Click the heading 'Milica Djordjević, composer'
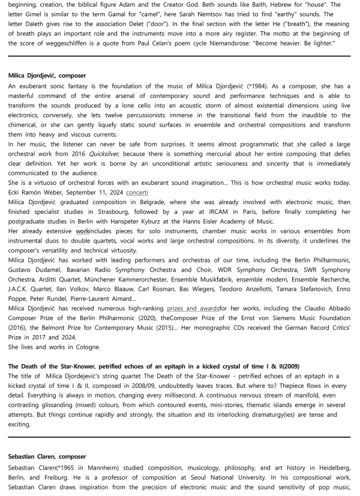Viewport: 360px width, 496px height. [47, 76]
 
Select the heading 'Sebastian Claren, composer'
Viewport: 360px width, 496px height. [47, 456]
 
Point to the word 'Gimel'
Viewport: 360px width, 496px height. [40, 14]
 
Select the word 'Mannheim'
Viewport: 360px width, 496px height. [83, 467]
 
